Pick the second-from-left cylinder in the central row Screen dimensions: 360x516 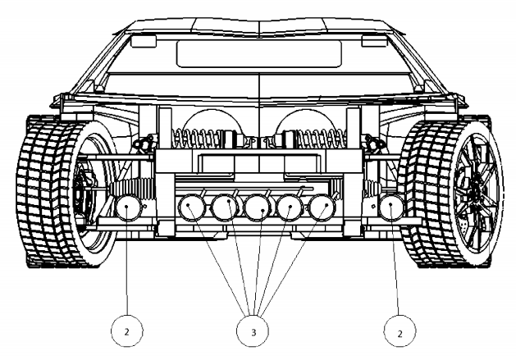pos(225,208)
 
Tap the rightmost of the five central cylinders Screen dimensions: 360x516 pos(322,208)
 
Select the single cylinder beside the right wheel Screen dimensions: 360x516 pos(393,208)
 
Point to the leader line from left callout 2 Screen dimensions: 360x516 pos(128,271)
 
